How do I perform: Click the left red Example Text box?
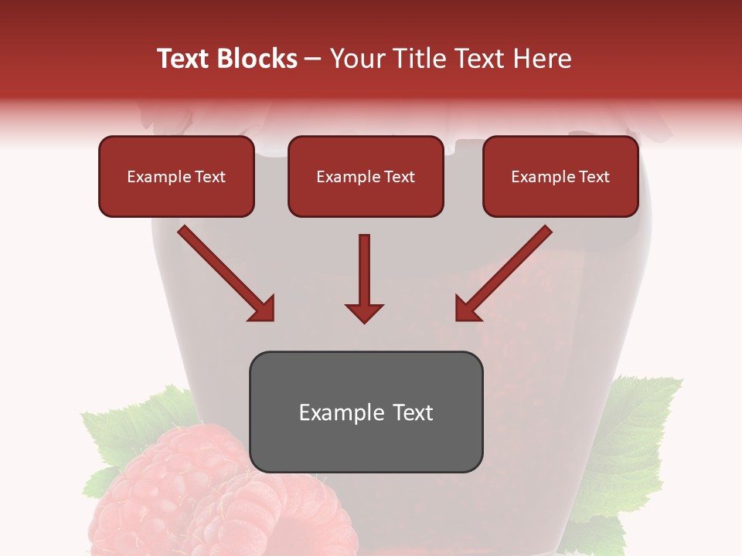click(x=176, y=176)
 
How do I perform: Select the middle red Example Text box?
click(x=366, y=176)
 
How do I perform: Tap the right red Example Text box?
click(x=560, y=176)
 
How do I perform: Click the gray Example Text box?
click(x=366, y=412)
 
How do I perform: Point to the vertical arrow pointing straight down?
click(x=364, y=278)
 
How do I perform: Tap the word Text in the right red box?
click(x=594, y=177)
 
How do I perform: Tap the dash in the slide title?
click(x=314, y=59)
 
